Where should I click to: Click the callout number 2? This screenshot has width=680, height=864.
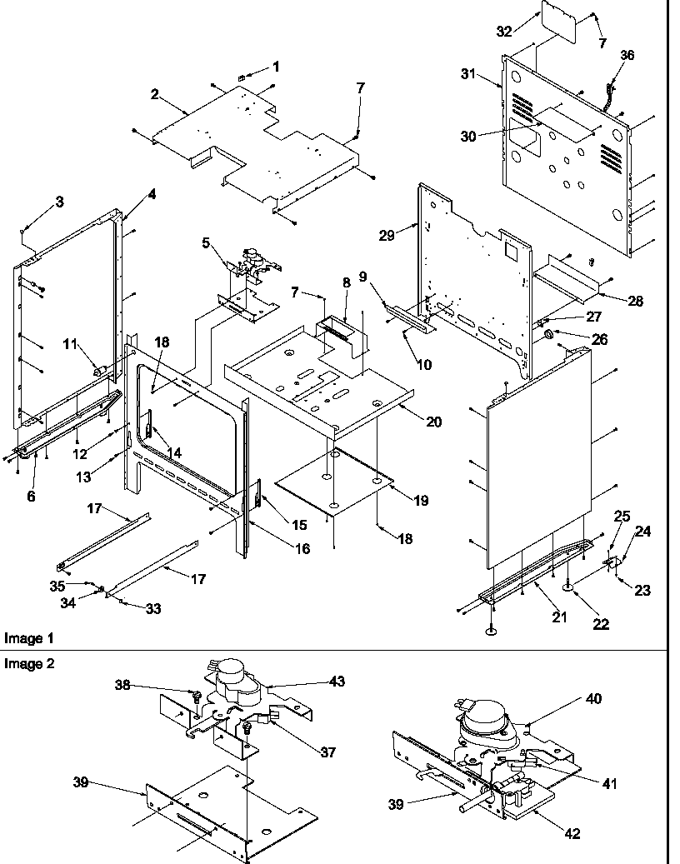coord(154,93)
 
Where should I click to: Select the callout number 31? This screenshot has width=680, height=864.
coord(469,74)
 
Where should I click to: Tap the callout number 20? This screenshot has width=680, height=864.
coord(434,422)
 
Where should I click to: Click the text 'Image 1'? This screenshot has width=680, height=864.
coord(23,638)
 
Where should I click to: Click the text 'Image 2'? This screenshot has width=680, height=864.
coord(23,663)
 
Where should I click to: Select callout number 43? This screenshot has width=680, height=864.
coord(337,681)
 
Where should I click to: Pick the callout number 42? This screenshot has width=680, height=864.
coord(572,833)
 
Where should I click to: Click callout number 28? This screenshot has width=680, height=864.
coord(637,301)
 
